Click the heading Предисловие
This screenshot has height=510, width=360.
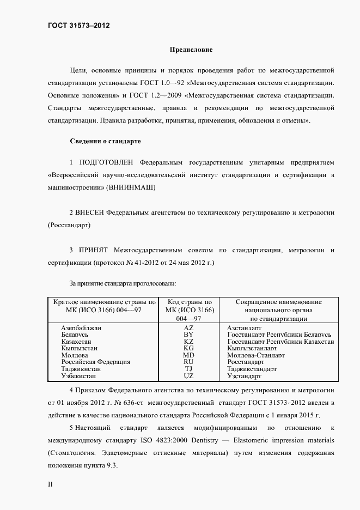[x=191, y=50]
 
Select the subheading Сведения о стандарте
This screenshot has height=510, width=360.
[x=105, y=141]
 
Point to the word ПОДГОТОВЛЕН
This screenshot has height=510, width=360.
[x=107, y=162]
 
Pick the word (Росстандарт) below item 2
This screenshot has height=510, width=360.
[x=69, y=224]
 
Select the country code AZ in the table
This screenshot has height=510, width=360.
[x=188, y=328]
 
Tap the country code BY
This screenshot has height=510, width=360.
[x=188, y=335]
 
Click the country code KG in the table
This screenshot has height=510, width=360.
[x=188, y=348]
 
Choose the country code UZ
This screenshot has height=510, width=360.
[x=188, y=376]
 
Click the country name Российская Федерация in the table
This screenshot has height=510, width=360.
[x=95, y=362]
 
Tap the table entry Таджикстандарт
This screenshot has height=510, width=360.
[x=252, y=369]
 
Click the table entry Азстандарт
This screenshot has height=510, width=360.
[x=244, y=328]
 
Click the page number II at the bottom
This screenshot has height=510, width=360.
[x=51, y=483]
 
